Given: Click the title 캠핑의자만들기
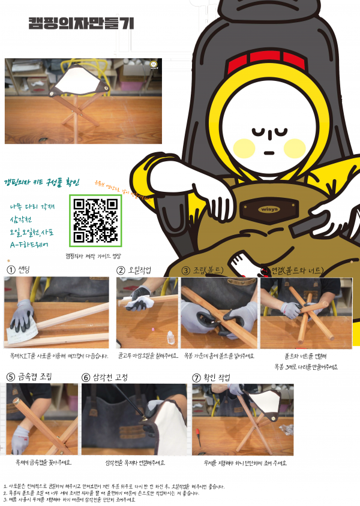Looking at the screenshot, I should pos(81,23).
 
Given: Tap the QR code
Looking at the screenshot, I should pos(95,220).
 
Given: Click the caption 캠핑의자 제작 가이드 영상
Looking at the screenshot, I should pos(94,255).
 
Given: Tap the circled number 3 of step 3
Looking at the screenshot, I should pos(186,270).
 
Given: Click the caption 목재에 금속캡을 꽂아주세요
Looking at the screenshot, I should pos(43,462).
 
